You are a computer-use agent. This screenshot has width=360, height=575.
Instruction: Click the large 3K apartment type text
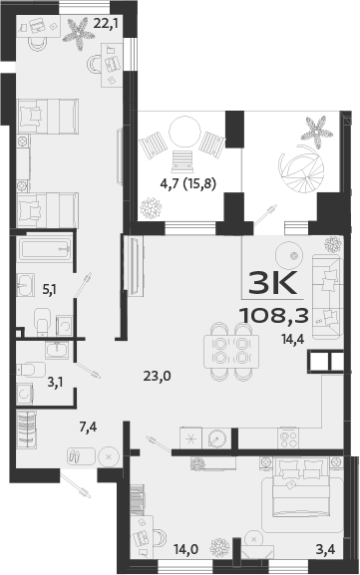pyautogui.click(x=271, y=283)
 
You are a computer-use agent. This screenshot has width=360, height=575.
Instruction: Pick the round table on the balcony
pyautogui.click(x=183, y=133)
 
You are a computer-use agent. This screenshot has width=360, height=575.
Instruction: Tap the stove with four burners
pyautogui.click(x=289, y=437)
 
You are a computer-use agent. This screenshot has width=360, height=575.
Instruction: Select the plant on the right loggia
pyautogui.click(x=315, y=130)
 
